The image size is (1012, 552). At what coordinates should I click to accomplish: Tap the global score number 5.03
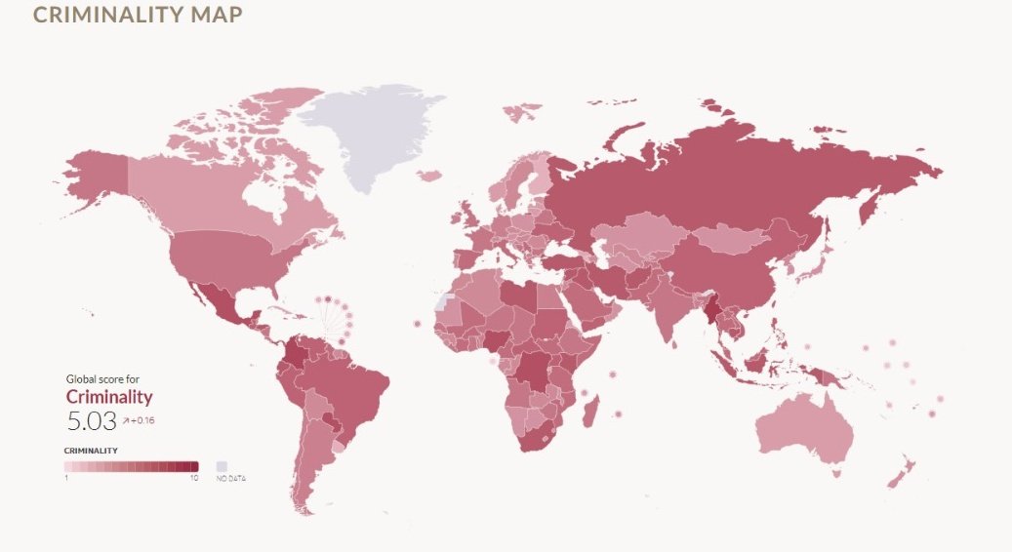click(91, 421)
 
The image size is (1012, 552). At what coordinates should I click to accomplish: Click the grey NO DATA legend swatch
click(222, 466)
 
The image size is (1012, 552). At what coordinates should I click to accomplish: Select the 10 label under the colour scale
click(195, 478)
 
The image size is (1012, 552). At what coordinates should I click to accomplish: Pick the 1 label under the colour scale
click(66, 478)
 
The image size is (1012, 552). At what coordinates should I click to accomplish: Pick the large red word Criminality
click(109, 397)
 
